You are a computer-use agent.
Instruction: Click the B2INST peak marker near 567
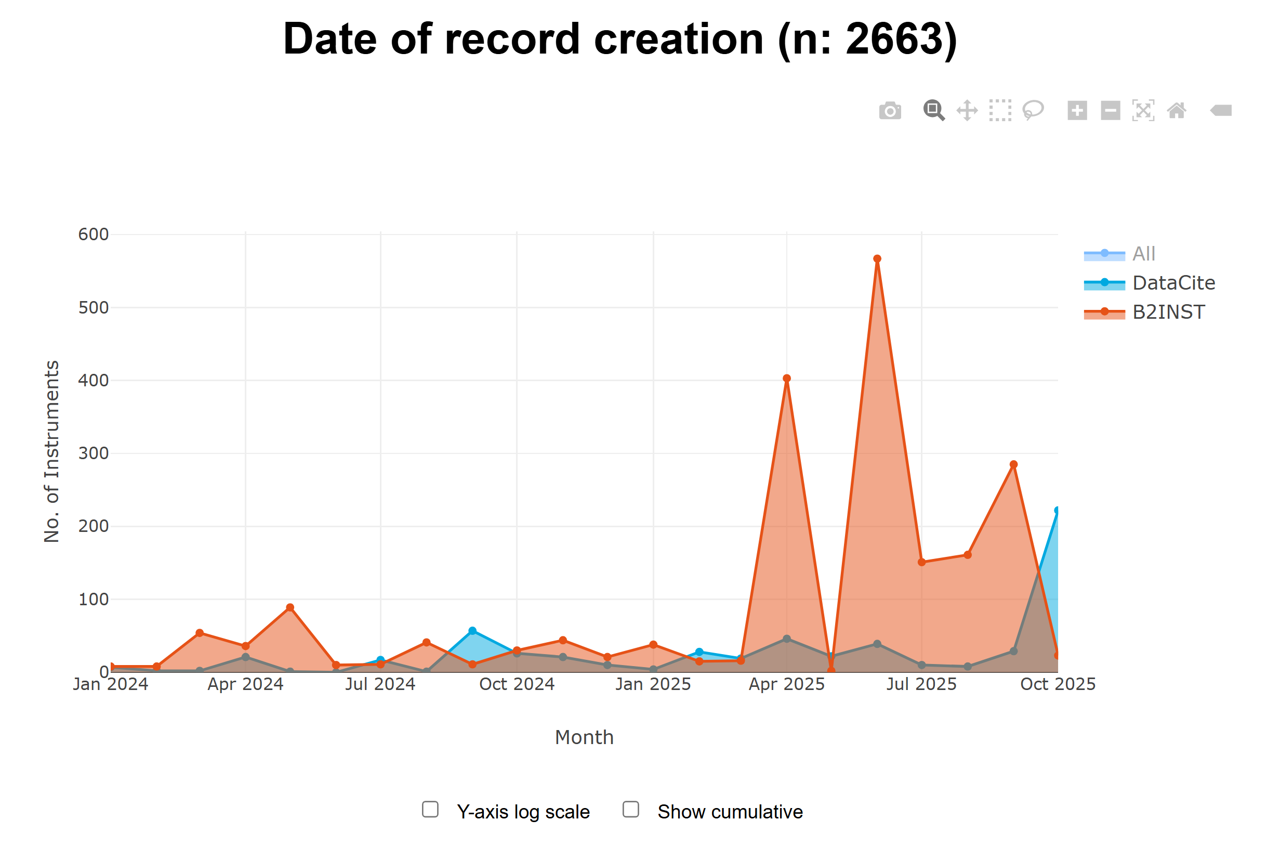pos(877,259)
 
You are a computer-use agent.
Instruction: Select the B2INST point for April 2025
pos(786,379)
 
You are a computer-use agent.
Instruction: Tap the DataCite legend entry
pos(1173,283)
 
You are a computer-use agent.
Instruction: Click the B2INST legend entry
pos(1168,312)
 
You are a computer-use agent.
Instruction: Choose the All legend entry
pos(1143,254)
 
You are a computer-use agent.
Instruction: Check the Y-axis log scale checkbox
pos(430,810)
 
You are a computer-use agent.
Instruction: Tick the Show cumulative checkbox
pos(631,810)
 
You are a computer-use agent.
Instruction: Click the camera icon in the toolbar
pos(890,111)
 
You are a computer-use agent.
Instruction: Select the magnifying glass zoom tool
pos(933,110)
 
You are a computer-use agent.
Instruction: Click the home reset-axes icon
pos(1176,111)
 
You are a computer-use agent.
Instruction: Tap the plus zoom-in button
pos(1077,111)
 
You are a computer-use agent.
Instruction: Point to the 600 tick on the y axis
pos(93,235)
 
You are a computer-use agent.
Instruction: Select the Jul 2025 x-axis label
pos(921,684)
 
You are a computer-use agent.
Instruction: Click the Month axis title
pos(584,737)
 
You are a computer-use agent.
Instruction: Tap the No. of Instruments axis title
pos(52,451)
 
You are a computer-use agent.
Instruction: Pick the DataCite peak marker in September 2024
pos(472,631)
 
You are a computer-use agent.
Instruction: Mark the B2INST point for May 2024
pos(290,607)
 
